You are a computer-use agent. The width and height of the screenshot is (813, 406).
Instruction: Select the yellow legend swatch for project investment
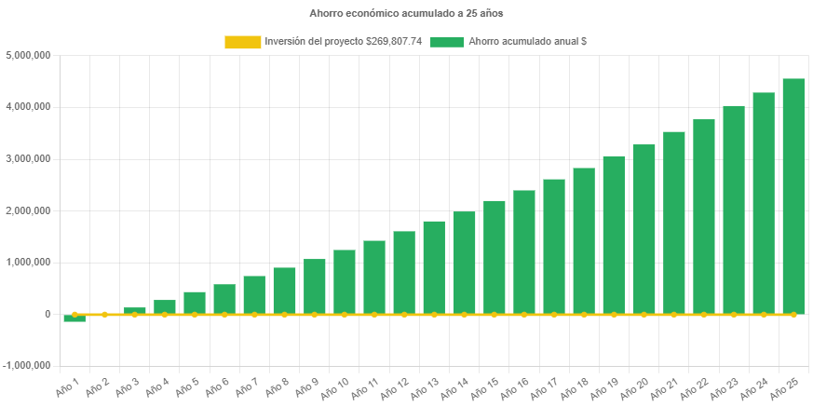pyautogui.click(x=242, y=42)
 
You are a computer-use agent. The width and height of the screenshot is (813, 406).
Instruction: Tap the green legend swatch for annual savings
pyautogui.click(x=447, y=42)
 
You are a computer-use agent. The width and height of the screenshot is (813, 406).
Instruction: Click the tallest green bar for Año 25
pyautogui.click(x=793, y=196)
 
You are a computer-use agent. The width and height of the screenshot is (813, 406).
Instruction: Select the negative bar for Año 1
pyautogui.click(x=75, y=318)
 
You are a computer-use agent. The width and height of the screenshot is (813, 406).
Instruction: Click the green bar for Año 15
pyautogui.click(x=494, y=257)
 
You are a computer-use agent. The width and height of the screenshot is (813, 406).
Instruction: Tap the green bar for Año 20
pyautogui.click(x=644, y=229)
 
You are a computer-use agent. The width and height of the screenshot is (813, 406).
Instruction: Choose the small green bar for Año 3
pyautogui.click(x=134, y=311)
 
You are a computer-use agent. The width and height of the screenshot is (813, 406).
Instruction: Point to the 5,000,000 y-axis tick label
pyautogui.click(x=28, y=55)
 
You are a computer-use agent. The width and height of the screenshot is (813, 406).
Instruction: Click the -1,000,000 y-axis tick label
pyautogui.click(x=26, y=366)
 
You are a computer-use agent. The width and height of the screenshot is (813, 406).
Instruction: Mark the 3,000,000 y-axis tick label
pyautogui.click(x=28, y=159)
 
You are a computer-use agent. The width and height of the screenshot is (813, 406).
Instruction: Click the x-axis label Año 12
pyautogui.click(x=397, y=386)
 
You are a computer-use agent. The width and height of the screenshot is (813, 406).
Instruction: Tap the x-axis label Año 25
pyautogui.click(x=786, y=386)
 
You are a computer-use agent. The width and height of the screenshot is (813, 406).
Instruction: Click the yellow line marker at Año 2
pyautogui.click(x=104, y=315)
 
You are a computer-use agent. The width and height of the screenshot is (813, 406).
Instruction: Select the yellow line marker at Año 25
pyautogui.click(x=793, y=315)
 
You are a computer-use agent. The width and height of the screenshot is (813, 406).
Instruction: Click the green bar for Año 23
pyautogui.click(x=734, y=210)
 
